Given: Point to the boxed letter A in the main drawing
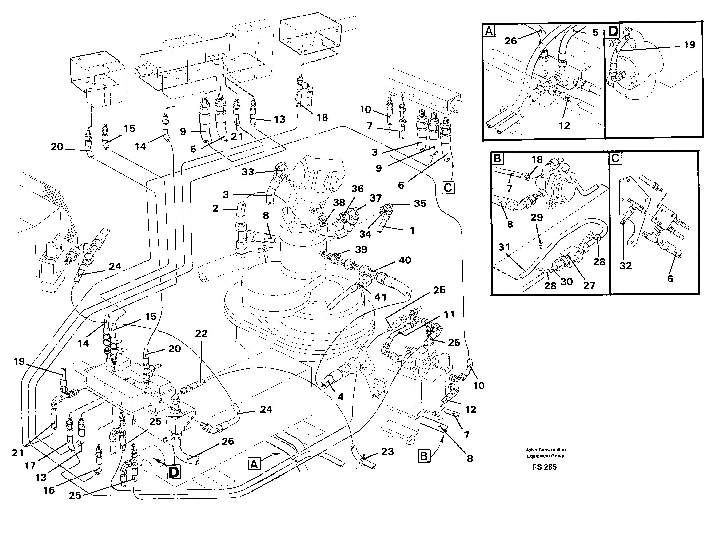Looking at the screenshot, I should coord(254,464).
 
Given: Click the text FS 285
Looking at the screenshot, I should coord(544,467).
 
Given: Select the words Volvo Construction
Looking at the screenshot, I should coord(545,450).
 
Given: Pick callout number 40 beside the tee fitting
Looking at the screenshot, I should coord(405,260).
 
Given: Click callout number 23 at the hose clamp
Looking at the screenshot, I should coord(387,451).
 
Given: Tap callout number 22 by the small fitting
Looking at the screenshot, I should coord(201,334).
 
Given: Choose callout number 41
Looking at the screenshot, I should coord(380,297).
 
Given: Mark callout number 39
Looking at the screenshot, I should coord(361,249).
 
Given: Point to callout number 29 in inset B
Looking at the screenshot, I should coord(537,218).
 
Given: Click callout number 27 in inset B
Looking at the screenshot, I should coord(589,285).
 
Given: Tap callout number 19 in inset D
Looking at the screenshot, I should coord(689,45).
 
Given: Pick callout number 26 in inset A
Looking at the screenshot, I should coord(510,41).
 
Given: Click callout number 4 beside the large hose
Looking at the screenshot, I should coord(340,397).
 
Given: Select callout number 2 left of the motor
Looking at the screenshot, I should coord(215,209).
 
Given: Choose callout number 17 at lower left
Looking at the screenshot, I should coord(30,466).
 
